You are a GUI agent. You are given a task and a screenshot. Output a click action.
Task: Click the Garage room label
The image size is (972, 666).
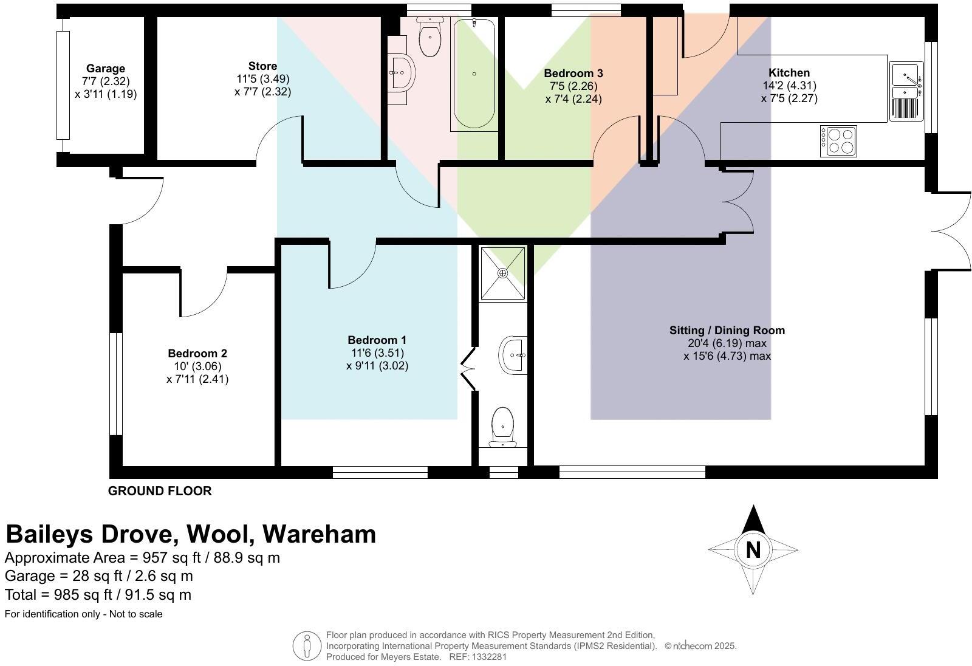106,69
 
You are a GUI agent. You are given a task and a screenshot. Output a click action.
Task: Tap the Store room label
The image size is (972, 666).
262,66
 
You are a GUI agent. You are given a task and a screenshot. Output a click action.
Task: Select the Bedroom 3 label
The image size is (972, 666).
573,74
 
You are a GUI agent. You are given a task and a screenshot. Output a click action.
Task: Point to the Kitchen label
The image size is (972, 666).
789,73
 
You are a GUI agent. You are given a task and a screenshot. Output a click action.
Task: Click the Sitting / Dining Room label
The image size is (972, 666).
727,331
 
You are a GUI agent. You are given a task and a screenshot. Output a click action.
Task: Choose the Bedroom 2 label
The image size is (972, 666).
197,354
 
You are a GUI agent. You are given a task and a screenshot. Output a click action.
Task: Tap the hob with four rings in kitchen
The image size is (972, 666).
838,140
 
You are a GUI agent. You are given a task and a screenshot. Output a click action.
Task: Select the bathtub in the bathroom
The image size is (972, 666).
474,74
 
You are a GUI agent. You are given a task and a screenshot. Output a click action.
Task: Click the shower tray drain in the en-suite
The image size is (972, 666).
502,273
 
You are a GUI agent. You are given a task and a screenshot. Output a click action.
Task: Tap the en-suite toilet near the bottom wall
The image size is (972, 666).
502,426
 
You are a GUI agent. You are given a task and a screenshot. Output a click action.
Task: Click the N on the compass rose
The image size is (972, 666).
753,550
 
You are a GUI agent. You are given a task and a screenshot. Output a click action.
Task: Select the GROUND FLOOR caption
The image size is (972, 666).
160,491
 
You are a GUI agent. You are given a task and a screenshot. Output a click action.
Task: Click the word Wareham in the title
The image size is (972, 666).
320,534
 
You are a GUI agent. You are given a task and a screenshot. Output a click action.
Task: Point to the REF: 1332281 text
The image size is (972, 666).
477,657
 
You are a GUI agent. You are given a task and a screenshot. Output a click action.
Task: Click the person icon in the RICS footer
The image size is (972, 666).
307,646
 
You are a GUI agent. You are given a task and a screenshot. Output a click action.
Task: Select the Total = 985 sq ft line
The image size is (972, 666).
98,595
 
